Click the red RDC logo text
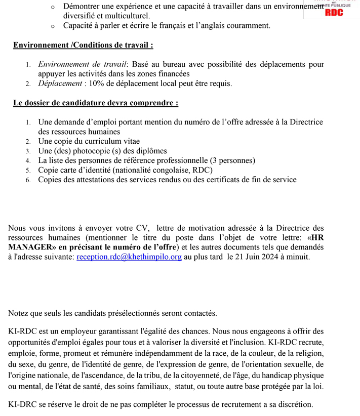(334, 13)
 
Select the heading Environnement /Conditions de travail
(83, 45)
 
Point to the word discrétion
(294, 404)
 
